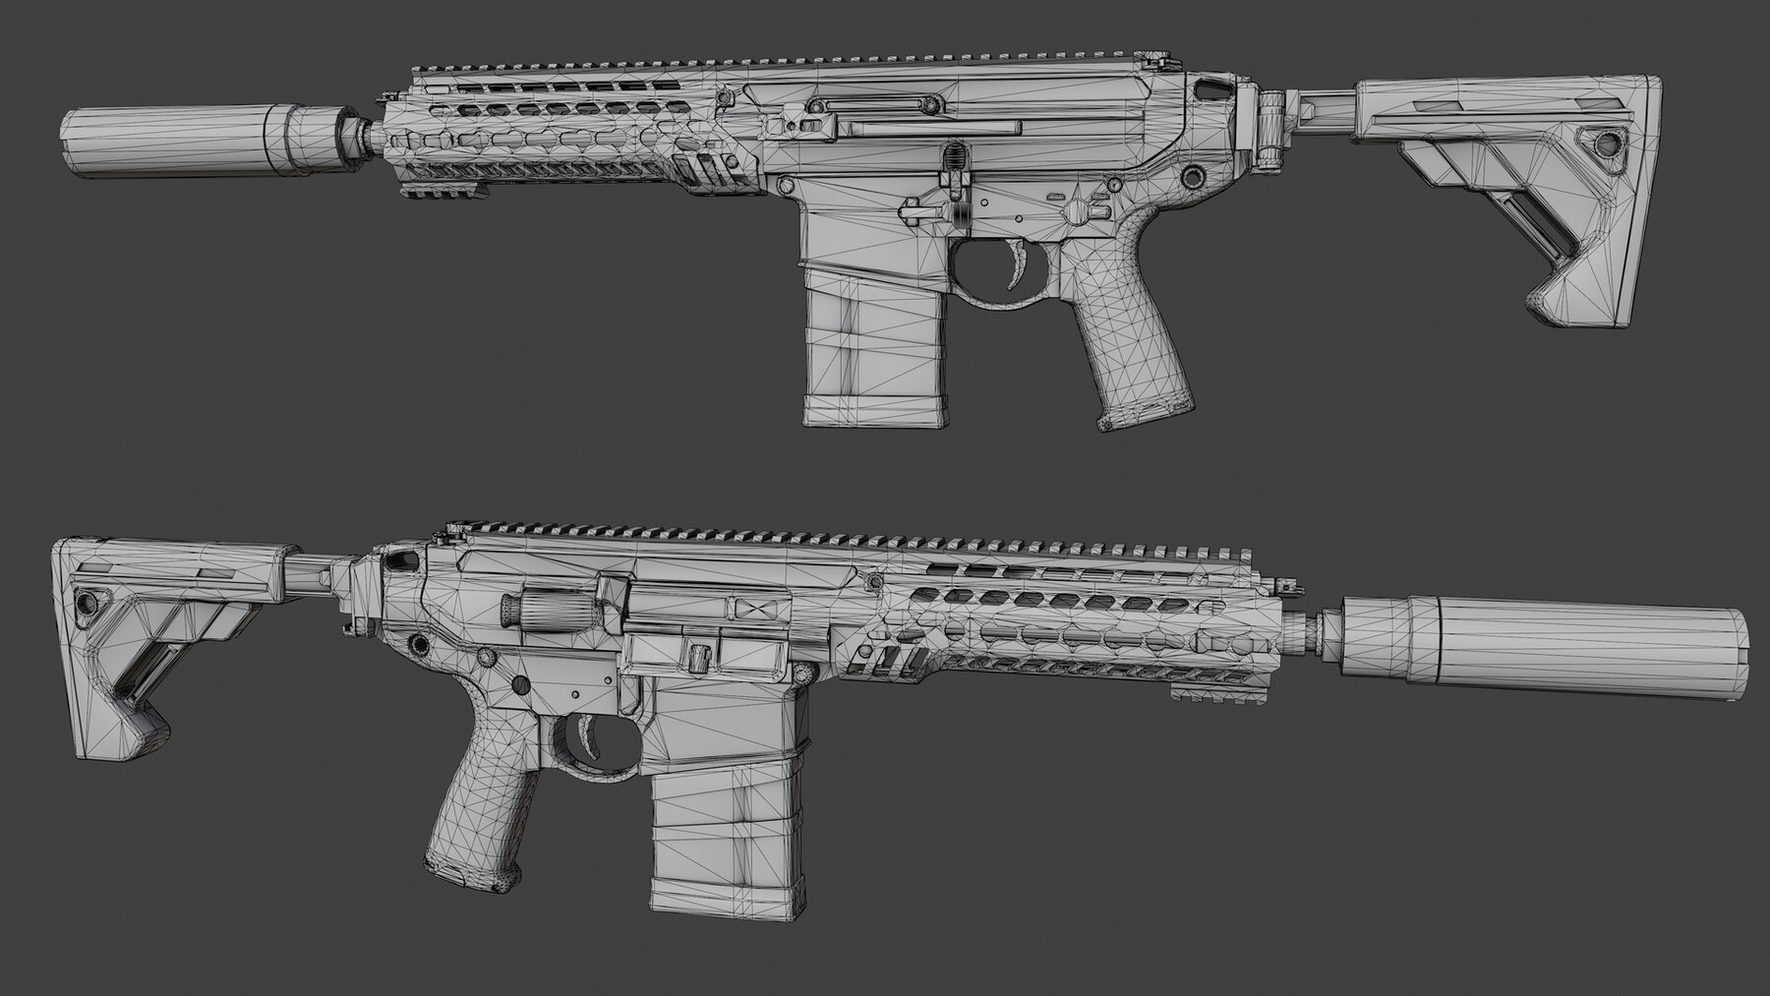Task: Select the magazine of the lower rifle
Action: [726, 846]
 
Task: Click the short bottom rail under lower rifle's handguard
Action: [1195, 696]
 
